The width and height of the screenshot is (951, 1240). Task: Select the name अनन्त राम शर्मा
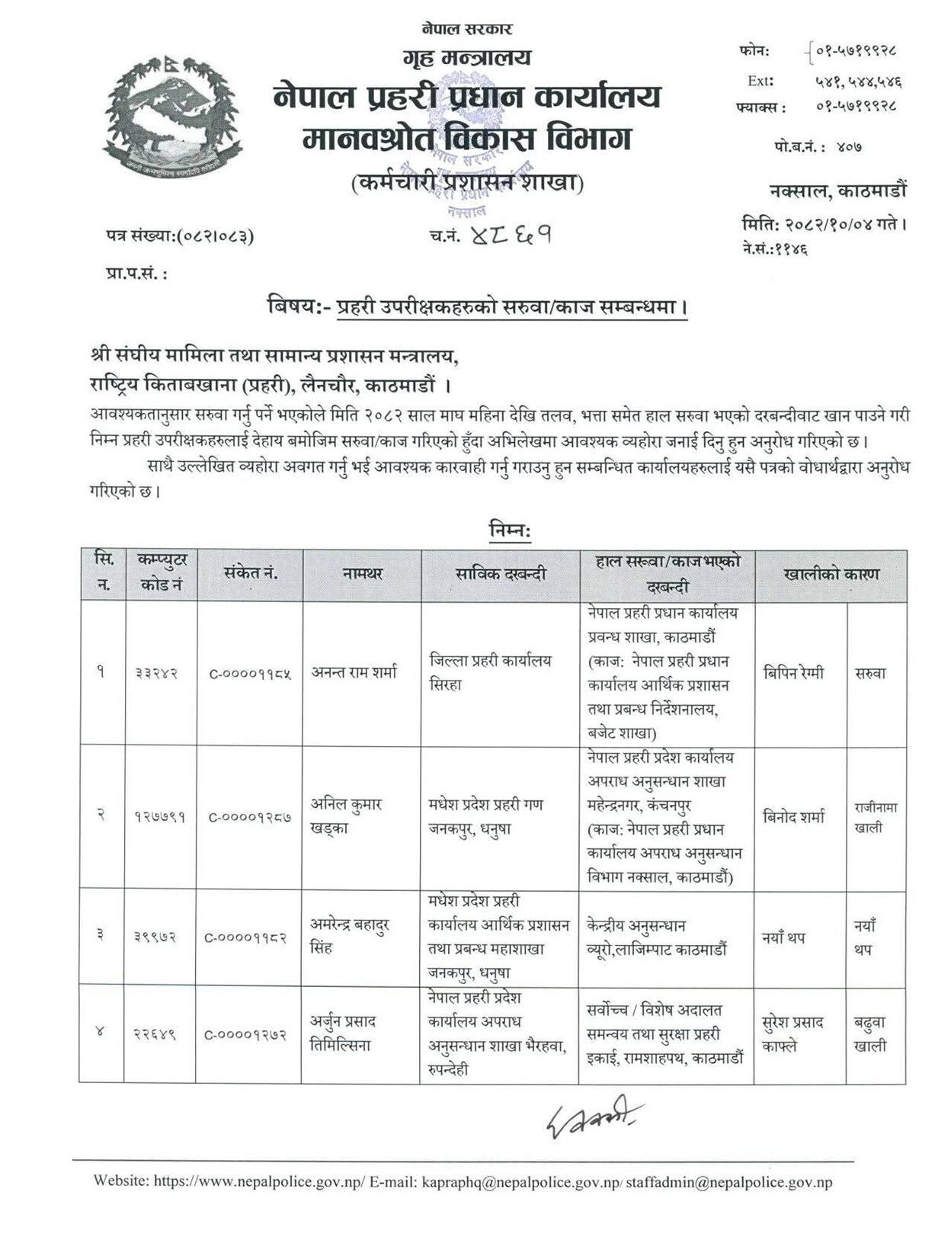click(x=354, y=673)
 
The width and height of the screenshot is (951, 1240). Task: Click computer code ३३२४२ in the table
click(x=159, y=674)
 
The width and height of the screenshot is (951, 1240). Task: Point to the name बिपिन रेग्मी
click(x=793, y=674)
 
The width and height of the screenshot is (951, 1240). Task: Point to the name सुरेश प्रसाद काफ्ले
click(x=793, y=1033)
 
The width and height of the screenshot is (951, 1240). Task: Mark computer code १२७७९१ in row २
click(x=159, y=817)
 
